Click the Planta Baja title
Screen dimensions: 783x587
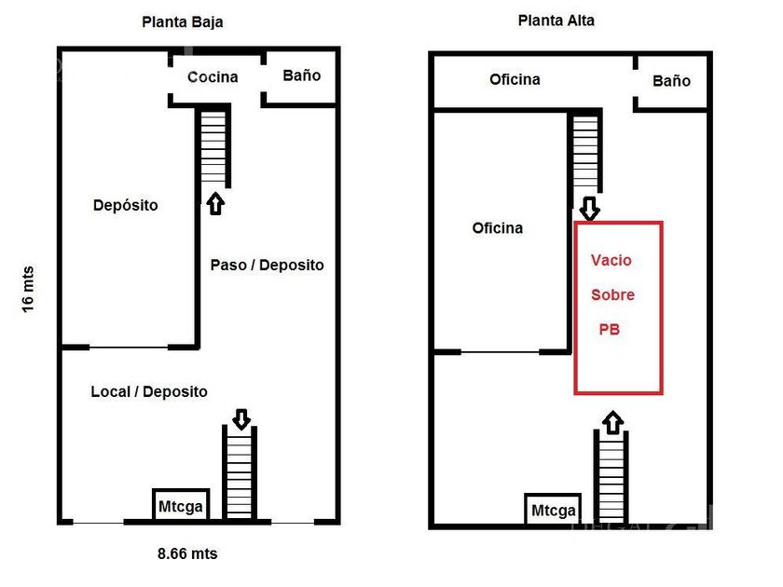pos(182,21)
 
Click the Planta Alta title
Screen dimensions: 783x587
pos(556,20)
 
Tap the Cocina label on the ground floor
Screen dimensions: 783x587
pos(213,76)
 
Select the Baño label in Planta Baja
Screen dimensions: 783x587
pos(301,75)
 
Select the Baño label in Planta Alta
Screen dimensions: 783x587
pos(671,81)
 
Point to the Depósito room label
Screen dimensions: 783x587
pos(125,205)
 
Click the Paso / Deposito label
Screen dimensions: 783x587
pos(267,265)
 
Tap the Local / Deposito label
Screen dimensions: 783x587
pos(149,391)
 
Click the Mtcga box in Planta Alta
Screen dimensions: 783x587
pos(553,510)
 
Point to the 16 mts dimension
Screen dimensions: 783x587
pos(27,290)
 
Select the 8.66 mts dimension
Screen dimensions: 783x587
pos(186,553)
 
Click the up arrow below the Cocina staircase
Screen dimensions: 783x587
pos(215,203)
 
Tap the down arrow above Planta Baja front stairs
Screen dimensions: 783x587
pos(241,419)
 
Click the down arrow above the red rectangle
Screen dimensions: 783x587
pos(589,208)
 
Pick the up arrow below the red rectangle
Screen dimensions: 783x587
pos(612,422)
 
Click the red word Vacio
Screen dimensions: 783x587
pos(611,260)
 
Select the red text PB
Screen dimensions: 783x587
pos(609,329)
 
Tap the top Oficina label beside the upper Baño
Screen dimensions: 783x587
pos(515,79)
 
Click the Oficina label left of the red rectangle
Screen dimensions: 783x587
pos(497,228)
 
